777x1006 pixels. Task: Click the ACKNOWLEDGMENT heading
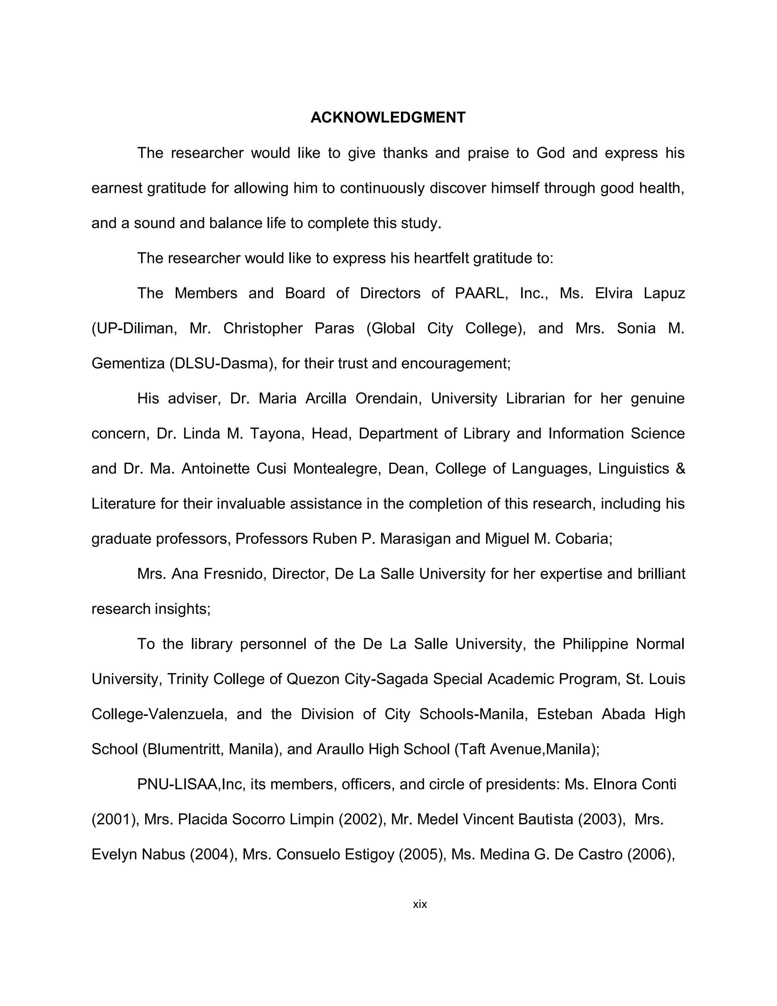pyautogui.click(x=388, y=118)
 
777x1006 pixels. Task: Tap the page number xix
pyautogui.click(x=420, y=904)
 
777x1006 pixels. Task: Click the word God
pyautogui.click(x=551, y=153)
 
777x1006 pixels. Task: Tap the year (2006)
pyautogui.click(x=650, y=855)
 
